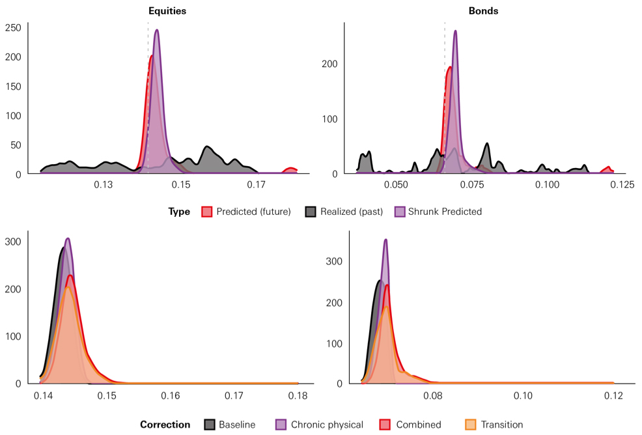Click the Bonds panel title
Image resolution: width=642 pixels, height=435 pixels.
(x=483, y=12)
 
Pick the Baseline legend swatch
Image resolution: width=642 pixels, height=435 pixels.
(x=210, y=425)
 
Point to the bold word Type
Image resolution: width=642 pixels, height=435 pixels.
(x=179, y=212)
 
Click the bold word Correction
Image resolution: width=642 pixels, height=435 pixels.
(x=165, y=425)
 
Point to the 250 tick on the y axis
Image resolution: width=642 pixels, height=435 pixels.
(x=14, y=27)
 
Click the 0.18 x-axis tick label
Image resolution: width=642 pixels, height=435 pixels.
(x=298, y=396)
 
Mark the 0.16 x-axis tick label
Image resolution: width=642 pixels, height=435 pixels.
(x=171, y=396)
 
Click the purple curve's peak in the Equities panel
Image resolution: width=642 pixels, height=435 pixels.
(x=157, y=30)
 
